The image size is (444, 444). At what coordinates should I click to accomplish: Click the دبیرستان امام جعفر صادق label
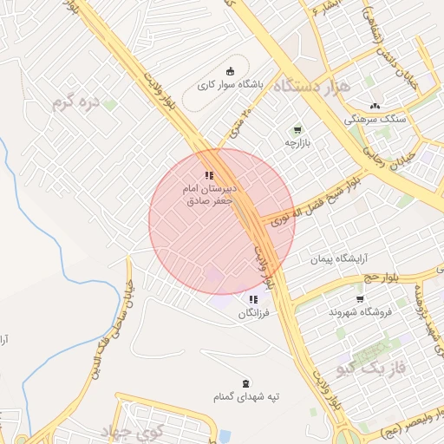click(209, 193)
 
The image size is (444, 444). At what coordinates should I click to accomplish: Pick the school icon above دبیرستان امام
click(209, 175)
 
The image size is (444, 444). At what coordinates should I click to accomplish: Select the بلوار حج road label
click(379, 277)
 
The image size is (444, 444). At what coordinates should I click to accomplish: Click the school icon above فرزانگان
click(253, 299)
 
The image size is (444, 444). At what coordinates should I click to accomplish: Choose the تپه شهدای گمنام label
click(247, 396)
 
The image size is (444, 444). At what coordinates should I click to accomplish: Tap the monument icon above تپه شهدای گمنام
click(246, 383)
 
